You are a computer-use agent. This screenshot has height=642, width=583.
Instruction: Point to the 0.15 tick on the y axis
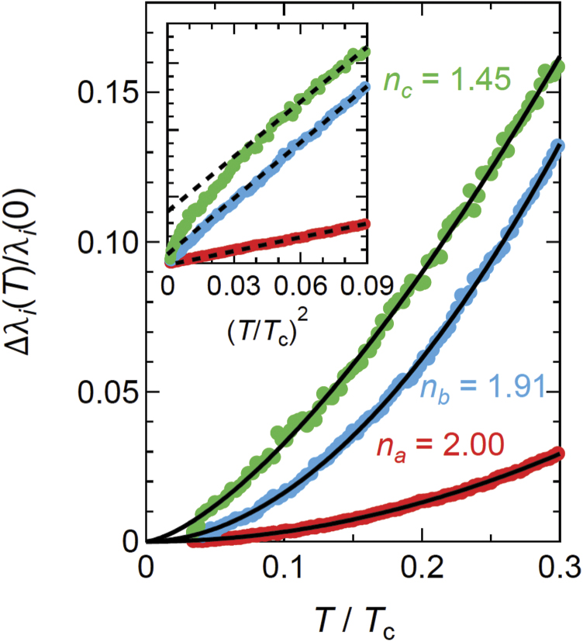[x=105, y=92]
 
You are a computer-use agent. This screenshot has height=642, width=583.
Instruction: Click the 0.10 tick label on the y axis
[x=105, y=242]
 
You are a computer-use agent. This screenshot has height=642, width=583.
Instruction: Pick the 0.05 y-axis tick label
[x=105, y=392]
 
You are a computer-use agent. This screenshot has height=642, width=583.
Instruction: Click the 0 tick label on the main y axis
[x=129, y=542]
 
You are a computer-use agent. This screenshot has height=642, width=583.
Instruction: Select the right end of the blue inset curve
[x=366, y=86]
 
